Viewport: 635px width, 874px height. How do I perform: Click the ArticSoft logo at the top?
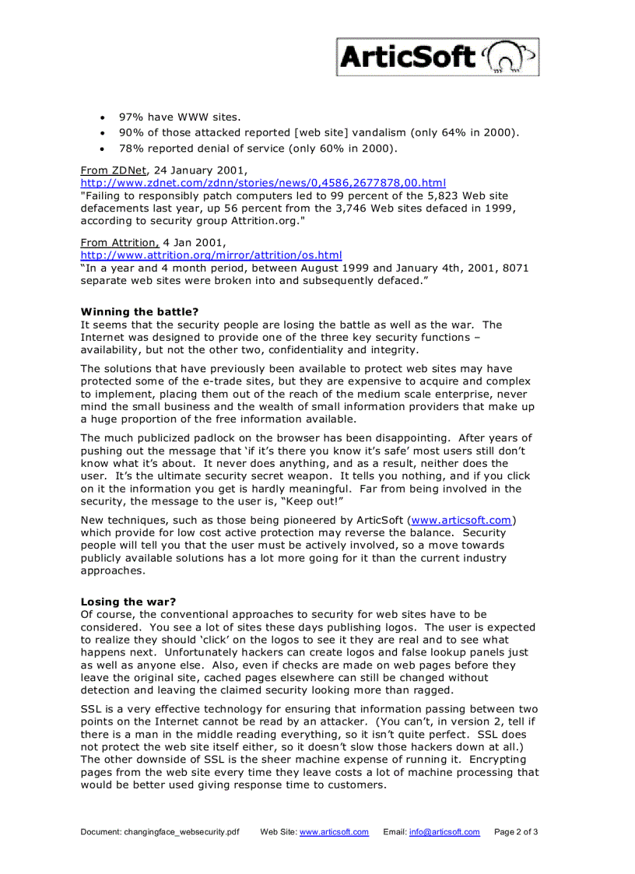pyautogui.click(x=437, y=58)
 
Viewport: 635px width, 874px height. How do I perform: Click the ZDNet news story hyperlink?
pyautogui.click(x=263, y=182)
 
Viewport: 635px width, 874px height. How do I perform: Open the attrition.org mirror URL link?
pyautogui.click(x=211, y=254)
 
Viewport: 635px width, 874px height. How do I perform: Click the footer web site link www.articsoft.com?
pyautogui.click(x=334, y=832)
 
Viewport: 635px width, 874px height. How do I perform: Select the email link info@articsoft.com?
pyautogui.click(x=444, y=832)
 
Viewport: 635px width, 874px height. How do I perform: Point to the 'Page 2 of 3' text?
pyautogui.click(x=516, y=832)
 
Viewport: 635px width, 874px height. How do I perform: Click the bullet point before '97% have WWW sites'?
pyautogui.click(x=103, y=118)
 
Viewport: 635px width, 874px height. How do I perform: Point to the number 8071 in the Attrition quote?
pyautogui.click(x=514, y=268)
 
